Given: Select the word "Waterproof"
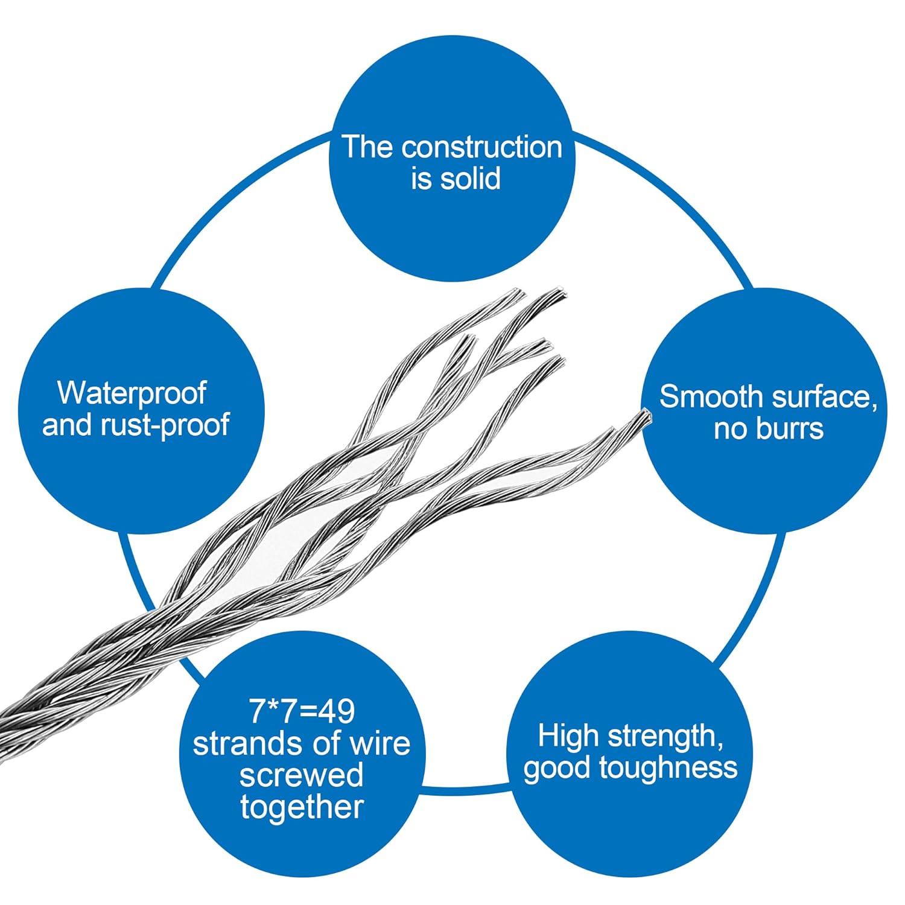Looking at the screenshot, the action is (132, 393).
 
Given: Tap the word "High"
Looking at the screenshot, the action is (568, 736).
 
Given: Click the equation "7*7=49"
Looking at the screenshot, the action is (302, 711).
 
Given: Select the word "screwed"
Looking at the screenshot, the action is (301, 775).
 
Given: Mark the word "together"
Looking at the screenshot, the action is (302, 807).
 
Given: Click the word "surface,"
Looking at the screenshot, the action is (824, 397).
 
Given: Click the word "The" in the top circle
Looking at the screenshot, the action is (368, 148).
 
